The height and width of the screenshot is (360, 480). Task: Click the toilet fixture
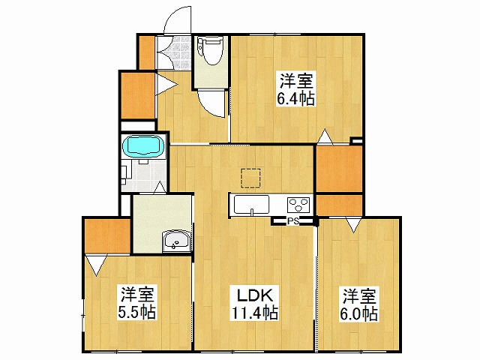click(210, 50)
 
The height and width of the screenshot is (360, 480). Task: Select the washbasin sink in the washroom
click(177, 241)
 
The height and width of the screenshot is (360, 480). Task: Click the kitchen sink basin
click(252, 205)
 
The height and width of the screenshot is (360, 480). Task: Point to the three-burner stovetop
click(298, 205)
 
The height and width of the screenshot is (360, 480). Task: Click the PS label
click(293, 220)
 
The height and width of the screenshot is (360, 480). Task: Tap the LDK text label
click(255, 295)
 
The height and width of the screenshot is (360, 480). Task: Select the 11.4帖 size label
click(255, 313)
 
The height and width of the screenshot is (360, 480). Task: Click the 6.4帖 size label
click(295, 98)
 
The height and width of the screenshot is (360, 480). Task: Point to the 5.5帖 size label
click(136, 312)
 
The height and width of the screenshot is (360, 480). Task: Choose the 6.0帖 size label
click(358, 313)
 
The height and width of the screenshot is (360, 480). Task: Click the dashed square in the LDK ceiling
click(250, 178)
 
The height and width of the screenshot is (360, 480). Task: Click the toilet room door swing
click(211, 103)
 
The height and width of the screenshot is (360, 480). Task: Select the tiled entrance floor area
click(174, 52)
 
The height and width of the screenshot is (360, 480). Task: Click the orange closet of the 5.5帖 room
click(107, 235)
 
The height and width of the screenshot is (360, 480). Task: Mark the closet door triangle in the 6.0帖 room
click(353, 225)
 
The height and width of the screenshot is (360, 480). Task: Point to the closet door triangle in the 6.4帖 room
click(325, 136)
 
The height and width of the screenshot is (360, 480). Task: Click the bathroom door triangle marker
click(159, 187)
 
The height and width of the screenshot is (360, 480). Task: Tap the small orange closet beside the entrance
click(147, 52)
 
